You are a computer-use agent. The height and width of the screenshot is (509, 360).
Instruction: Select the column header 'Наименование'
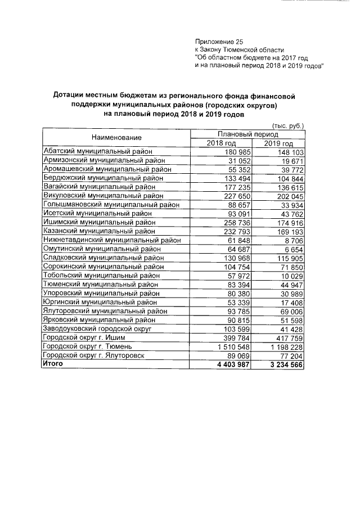(x=117, y=138)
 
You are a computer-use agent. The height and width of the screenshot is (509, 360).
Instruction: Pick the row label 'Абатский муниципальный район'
(x=99, y=151)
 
